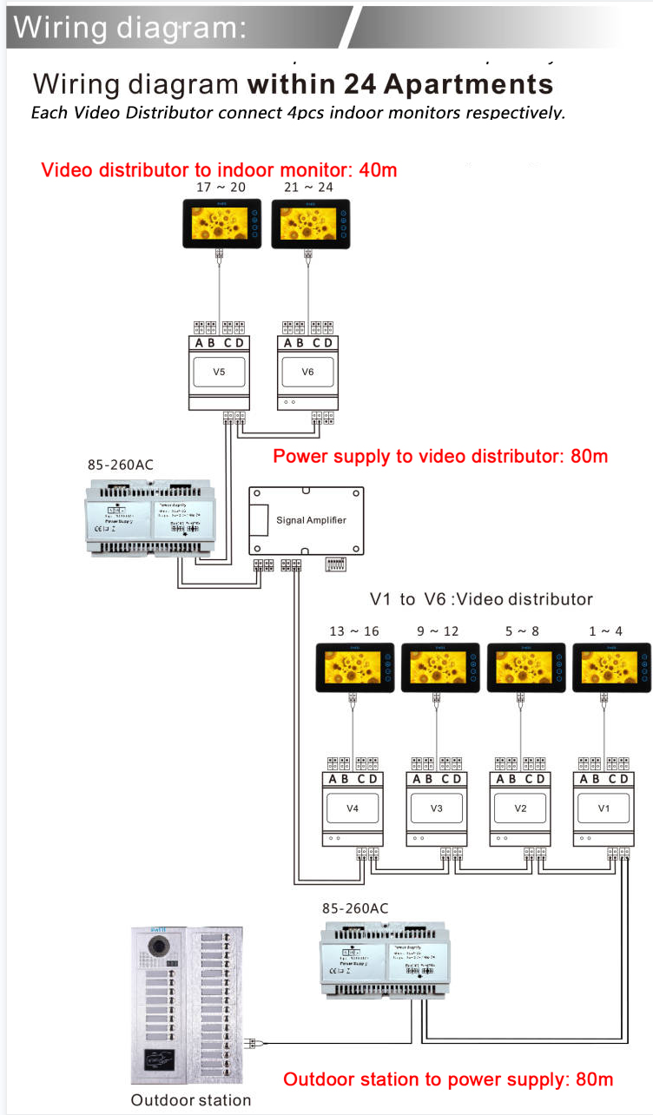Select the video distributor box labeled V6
[x=307, y=372]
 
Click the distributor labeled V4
[x=353, y=808]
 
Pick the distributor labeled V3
[x=437, y=808]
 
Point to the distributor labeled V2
[x=520, y=808]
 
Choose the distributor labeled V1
[x=604, y=808]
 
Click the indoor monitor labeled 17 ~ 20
[x=221, y=222]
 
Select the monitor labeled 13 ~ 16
[x=354, y=667]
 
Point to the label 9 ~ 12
[x=438, y=631]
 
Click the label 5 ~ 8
[x=521, y=631]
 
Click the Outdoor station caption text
[x=191, y=1100]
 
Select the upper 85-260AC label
[x=120, y=465]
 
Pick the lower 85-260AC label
[x=355, y=908]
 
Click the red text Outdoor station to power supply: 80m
[x=448, y=1079]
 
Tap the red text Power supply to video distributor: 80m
[x=440, y=456]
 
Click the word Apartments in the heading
[x=468, y=84]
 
